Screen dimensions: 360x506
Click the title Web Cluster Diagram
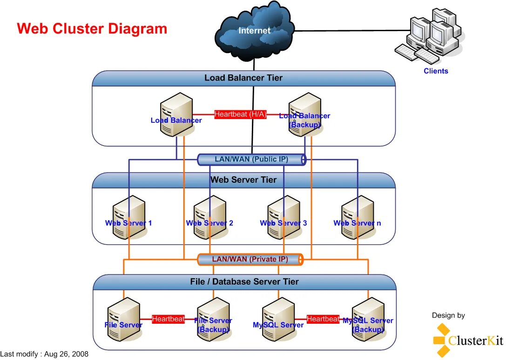(92, 29)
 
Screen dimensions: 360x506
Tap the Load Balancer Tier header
(243, 78)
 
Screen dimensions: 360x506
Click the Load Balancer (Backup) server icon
(304, 114)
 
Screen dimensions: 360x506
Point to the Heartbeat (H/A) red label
(240, 114)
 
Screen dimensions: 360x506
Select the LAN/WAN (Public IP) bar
(251, 160)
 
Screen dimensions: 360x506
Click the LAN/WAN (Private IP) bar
(250, 259)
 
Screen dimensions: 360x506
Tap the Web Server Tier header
(243, 180)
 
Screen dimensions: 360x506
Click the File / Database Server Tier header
(244, 282)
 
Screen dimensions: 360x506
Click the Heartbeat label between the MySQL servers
(323, 319)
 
